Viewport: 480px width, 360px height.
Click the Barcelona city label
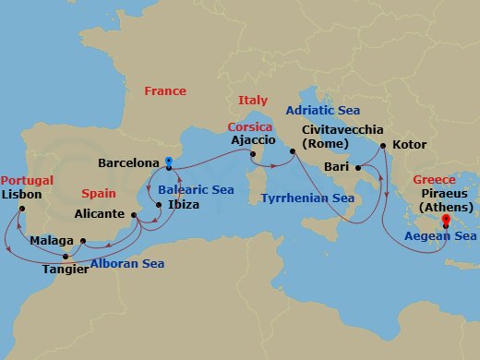129,163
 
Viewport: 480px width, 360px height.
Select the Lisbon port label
22,195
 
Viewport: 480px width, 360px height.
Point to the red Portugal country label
27,180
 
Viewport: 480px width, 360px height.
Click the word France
165,91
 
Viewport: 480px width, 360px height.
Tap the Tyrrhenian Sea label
307,198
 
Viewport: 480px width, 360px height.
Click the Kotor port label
410,145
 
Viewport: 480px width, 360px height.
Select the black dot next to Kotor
385,145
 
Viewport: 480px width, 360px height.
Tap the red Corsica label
250,126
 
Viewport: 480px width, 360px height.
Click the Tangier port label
66,270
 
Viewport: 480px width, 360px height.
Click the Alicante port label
100,213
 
